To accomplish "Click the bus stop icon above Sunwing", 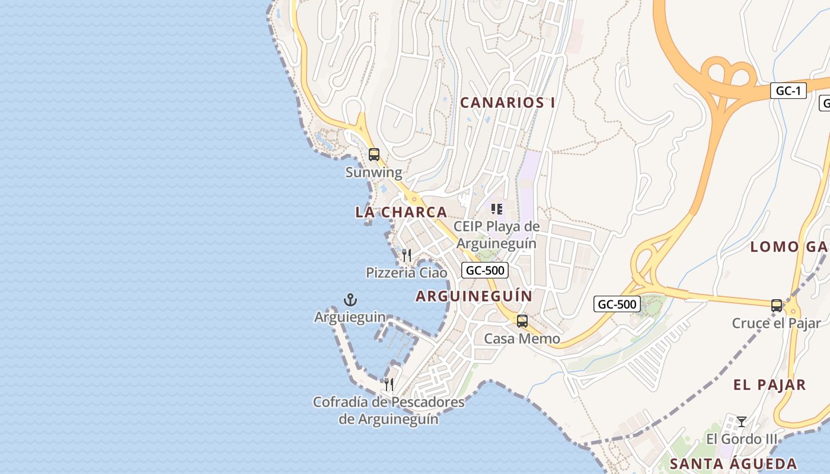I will pos(373,155).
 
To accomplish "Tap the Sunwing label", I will pos(373,172).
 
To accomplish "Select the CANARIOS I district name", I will pos(507,103).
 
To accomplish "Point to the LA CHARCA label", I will pos(401,212).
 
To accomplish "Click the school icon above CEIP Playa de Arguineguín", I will pos(497,209).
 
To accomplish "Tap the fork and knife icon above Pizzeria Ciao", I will pos(407,255).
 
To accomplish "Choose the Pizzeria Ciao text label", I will pos(407,273).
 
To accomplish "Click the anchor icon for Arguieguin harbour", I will pos(350,300).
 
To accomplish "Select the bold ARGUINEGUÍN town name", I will pos(474,296).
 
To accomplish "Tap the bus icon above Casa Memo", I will pos(522,321).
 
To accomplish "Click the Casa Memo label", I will pos(522,339).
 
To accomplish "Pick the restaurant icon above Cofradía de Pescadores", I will pos(389,385).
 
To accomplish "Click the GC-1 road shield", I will pos(788,91).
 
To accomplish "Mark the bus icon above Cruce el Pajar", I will pos(776,306).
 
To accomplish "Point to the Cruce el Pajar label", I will pos(776,323).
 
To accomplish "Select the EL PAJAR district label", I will pos(770,385).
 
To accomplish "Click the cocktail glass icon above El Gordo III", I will pos(741,422).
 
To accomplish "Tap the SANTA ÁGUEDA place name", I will pos(733,463).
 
